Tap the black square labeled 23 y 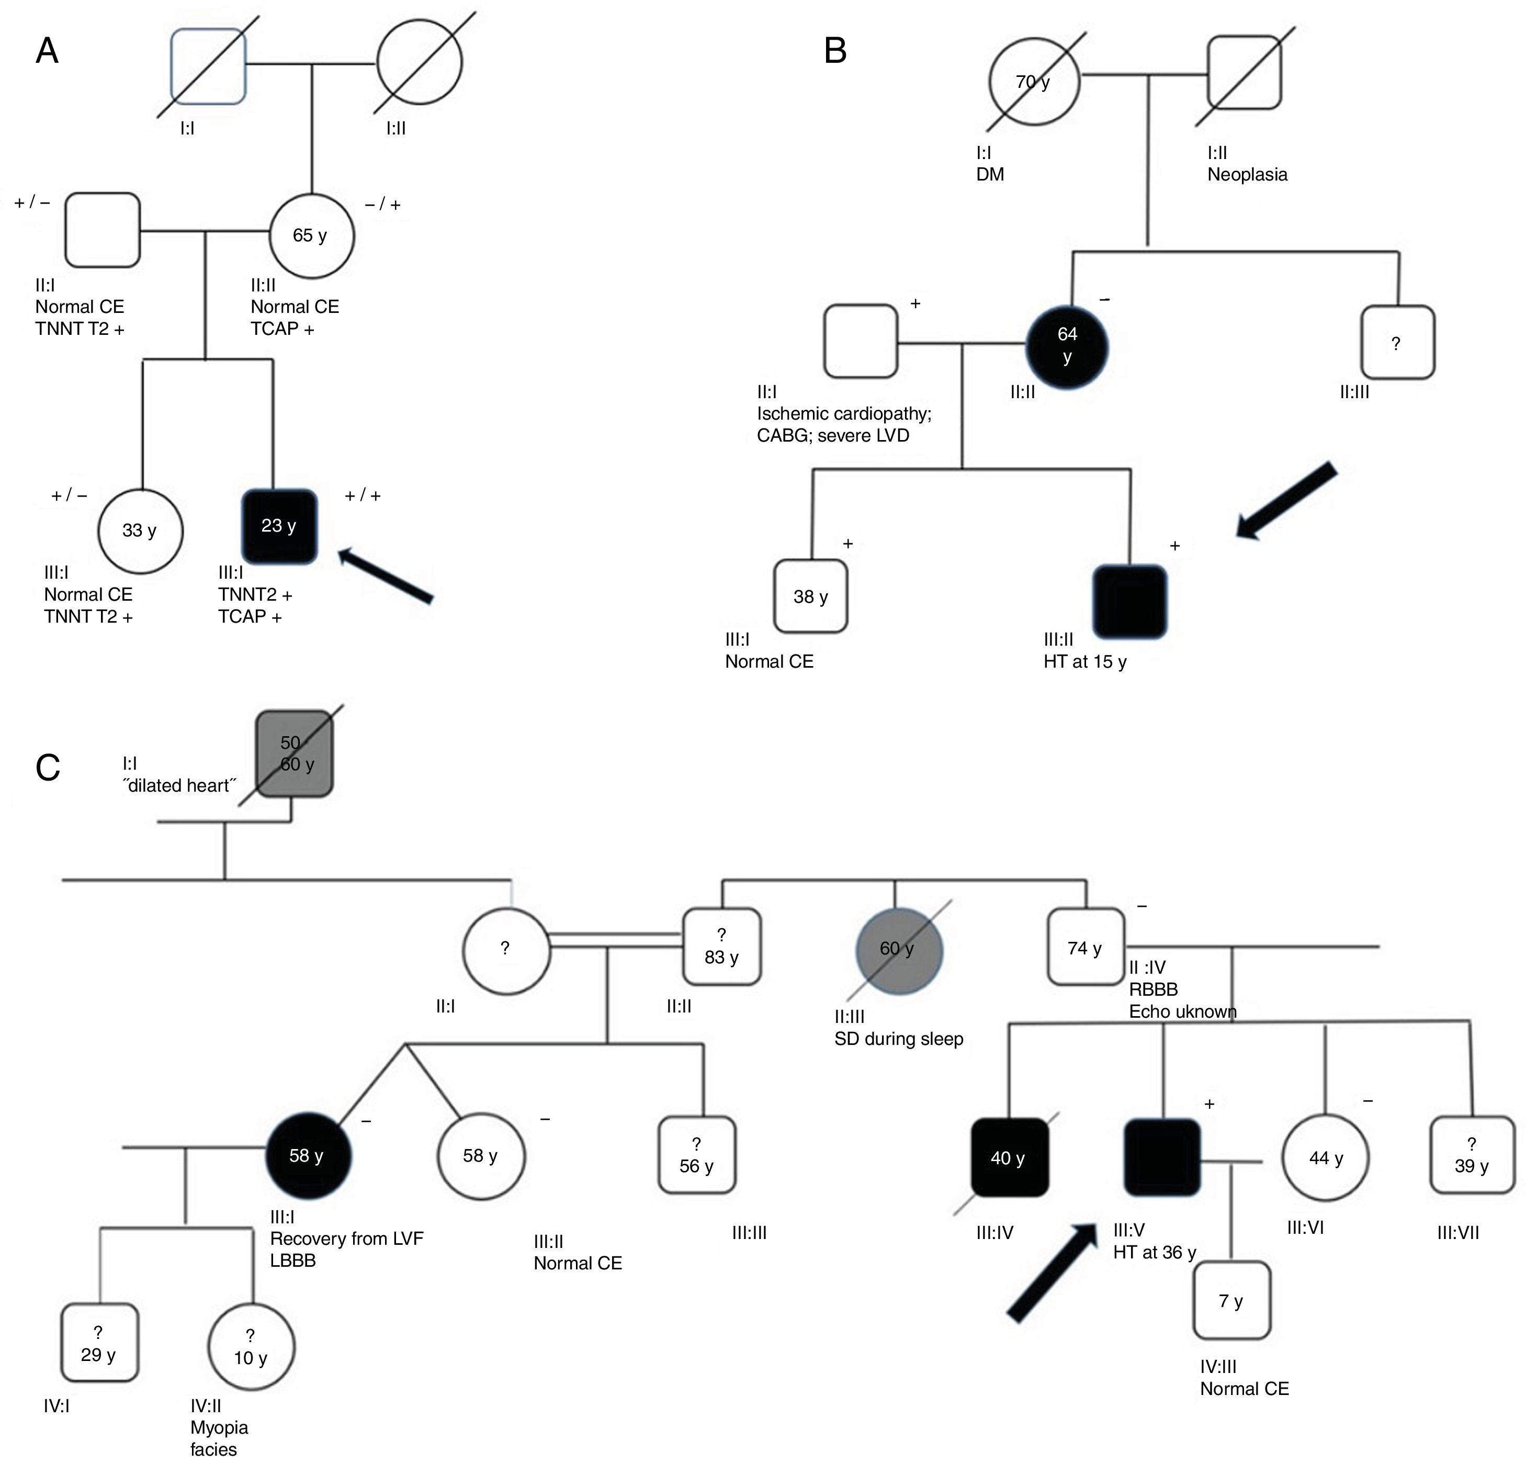[279, 526]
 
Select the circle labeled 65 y [311, 235]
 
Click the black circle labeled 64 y [1067, 345]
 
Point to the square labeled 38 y [810, 597]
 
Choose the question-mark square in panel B [1397, 343]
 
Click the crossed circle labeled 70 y [1034, 82]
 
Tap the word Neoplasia [1247, 174]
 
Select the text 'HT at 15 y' [1084, 662]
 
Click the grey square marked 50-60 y [295, 753]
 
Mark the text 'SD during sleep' [898, 1039]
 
